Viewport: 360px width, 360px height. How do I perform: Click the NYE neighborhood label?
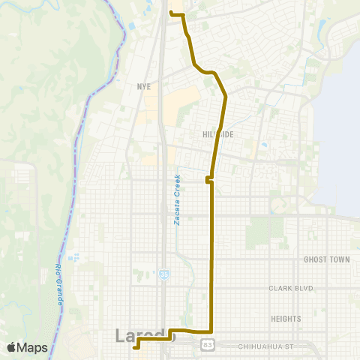[144, 86]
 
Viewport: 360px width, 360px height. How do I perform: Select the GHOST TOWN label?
[326, 259]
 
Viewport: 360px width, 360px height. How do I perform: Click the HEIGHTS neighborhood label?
[286, 319]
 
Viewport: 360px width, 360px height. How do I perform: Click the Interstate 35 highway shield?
[163, 275]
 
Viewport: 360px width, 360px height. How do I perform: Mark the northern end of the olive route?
[172, 13]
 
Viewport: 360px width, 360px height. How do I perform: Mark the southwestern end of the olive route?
[135, 347]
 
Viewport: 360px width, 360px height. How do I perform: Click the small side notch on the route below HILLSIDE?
[207, 180]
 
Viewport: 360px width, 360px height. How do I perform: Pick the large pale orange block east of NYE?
[184, 105]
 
